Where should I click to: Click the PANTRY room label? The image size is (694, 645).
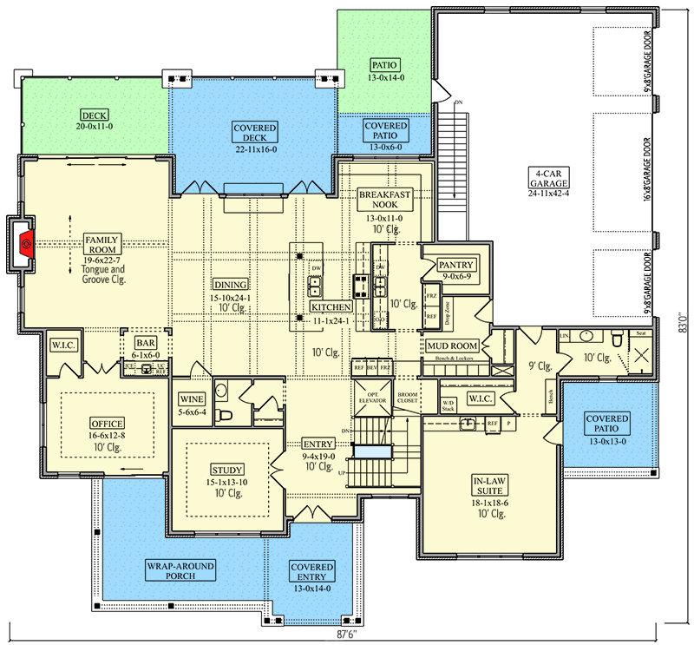pos(455,265)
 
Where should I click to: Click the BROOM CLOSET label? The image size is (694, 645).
pos(407,398)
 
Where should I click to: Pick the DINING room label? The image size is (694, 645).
pos(232,284)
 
